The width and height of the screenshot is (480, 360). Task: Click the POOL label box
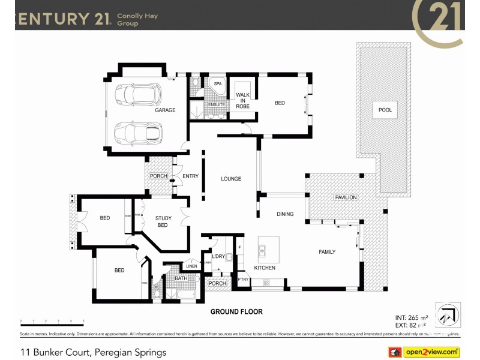[385, 110]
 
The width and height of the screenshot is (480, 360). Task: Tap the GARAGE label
[165, 110]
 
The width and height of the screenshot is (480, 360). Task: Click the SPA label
[218, 84]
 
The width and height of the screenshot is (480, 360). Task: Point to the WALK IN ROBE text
[243, 100]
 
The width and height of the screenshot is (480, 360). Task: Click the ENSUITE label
[217, 105]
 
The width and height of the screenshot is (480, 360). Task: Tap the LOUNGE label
[231, 179]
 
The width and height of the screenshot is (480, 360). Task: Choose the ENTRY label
[190, 176]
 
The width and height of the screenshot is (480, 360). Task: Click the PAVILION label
[346, 197]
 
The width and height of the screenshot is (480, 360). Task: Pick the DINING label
[285, 214]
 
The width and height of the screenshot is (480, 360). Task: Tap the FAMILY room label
[327, 252]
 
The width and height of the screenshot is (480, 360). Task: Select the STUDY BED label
[163, 221]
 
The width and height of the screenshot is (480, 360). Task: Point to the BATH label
[181, 278]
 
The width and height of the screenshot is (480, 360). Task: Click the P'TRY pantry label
[243, 280]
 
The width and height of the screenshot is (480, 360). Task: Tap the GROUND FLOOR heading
[236, 312]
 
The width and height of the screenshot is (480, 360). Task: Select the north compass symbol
[447, 314]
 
